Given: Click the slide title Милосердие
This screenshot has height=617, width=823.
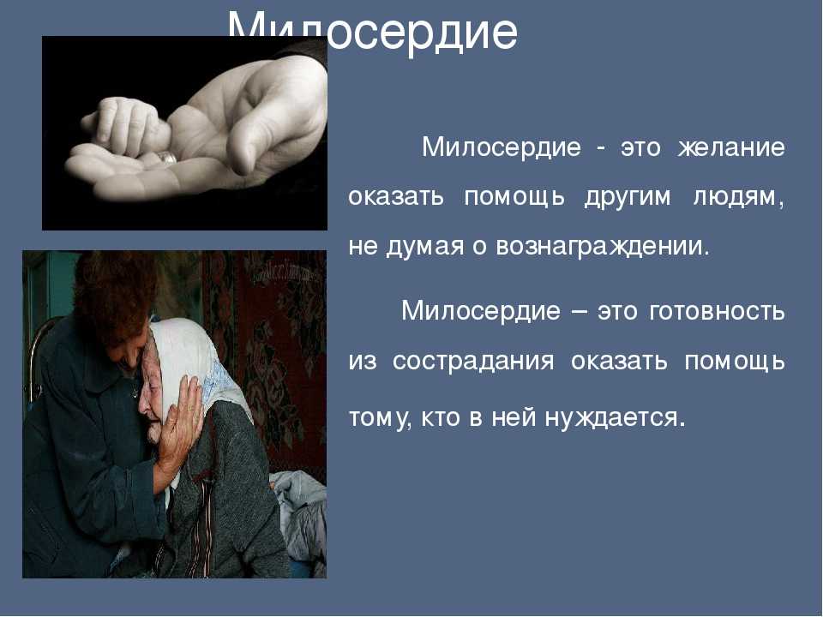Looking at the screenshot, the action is (373, 32).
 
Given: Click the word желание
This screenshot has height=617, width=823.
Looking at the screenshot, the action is (731, 147).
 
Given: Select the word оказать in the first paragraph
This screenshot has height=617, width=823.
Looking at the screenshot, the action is (396, 197).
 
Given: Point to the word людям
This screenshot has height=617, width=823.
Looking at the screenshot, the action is (739, 198).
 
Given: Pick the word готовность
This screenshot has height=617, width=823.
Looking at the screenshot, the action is (717, 311).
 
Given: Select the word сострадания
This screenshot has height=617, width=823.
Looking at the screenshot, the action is (473, 362).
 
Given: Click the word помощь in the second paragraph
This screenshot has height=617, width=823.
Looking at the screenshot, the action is (735, 362).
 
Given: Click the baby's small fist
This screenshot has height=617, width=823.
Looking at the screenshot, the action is (126, 125).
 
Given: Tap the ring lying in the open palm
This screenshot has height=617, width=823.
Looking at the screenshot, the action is (167, 157).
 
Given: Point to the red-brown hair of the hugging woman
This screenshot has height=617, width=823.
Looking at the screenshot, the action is (114, 299).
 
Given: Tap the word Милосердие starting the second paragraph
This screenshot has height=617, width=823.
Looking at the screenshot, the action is (481, 311).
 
